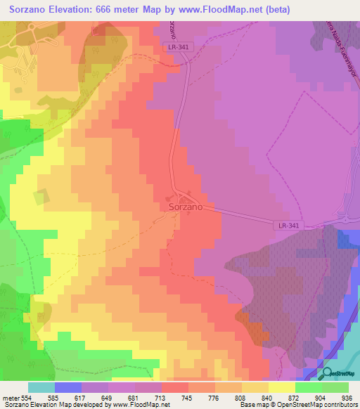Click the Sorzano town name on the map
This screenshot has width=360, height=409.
click(x=186, y=208)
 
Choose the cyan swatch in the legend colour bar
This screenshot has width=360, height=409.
click(x=41, y=387)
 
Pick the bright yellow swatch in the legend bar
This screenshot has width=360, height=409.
click(x=281, y=387)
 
